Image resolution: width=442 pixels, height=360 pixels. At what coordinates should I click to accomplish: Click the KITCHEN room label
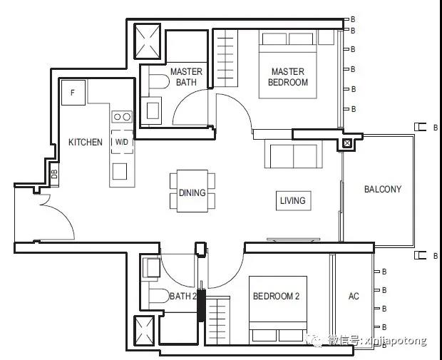pos(86,142)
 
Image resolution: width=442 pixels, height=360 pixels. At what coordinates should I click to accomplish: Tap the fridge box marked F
pos(73,93)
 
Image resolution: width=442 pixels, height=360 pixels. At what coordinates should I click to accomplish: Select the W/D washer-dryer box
pos(122,142)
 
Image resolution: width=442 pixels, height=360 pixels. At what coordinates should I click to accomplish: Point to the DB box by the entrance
pos(54,174)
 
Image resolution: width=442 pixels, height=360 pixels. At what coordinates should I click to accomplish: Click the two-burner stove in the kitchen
pos(122,116)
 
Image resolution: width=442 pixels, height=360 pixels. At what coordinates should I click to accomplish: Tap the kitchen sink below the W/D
pos(120,171)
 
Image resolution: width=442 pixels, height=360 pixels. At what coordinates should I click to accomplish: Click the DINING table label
pos(192,192)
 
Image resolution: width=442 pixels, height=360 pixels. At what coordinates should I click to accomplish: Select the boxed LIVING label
pos(294,201)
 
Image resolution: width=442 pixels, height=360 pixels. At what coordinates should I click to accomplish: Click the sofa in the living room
pos(294,154)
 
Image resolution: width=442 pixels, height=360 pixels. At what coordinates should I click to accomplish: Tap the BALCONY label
pos(383,189)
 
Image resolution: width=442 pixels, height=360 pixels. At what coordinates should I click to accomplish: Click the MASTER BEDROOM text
pos(288,77)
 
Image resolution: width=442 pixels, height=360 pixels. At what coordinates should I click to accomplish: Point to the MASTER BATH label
pos(186,77)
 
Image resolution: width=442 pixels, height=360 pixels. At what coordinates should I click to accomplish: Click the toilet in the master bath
pos(159,81)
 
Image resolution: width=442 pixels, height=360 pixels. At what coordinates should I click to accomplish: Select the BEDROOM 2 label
pos(277,296)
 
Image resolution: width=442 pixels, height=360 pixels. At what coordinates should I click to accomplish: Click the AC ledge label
pos(354,296)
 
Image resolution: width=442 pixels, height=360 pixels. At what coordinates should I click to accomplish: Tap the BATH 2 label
pos(183,297)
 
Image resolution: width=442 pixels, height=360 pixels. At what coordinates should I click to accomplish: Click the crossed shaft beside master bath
pos(147,41)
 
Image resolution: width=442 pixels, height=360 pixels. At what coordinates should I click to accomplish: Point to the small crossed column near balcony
pos(347,143)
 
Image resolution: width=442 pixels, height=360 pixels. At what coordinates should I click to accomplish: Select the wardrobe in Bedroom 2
pos(217,321)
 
